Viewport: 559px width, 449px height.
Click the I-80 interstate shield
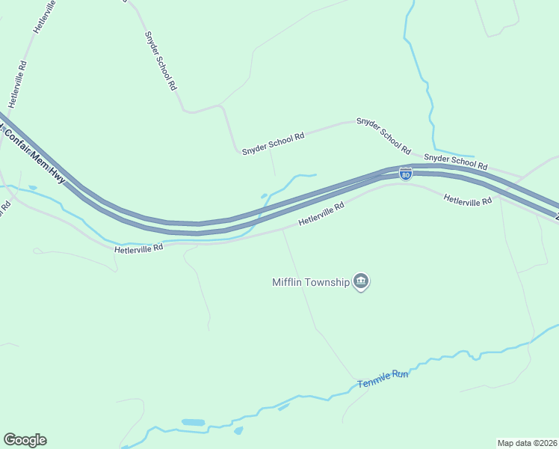click(x=405, y=174)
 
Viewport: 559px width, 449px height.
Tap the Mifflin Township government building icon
click(x=362, y=282)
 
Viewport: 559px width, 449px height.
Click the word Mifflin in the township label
click(x=288, y=282)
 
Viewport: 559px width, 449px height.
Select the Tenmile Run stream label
click(x=383, y=379)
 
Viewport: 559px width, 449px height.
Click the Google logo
click(x=25, y=440)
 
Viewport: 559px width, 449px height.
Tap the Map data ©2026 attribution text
click(x=527, y=442)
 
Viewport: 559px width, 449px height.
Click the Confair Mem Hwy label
click(x=34, y=156)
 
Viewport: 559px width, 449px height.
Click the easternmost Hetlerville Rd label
click(x=467, y=201)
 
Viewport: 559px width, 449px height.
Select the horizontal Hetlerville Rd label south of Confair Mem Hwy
click(x=138, y=248)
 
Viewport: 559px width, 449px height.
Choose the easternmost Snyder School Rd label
click(x=455, y=161)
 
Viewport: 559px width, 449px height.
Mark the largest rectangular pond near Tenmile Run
click(x=193, y=423)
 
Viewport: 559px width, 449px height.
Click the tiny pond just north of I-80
click(x=264, y=197)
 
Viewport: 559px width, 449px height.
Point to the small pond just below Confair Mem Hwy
click(x=32, y=187)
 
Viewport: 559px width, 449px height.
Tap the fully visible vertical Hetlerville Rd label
click(x=18, y=82)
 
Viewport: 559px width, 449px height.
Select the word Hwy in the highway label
click(x=57, y=177)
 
